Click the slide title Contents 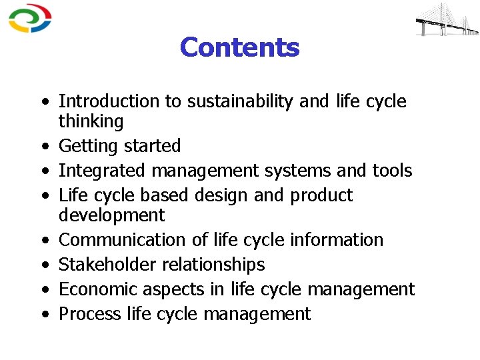pyautogui.click(x=239, y=47)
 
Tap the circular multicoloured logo pyautogui.click(x=29, y=18)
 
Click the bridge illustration pyautogui.click(x=447, y=19)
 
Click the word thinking pyautogui.click(x=91, y=121)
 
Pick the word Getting pyautogui.click(x=85, y=146)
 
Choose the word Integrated pyautogui.click(x=103, y=171)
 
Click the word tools pyautogui.click(x=392, y=171)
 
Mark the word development pyautogui.click(x=111, y=215)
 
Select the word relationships pyautogui.click(x=214, y=265)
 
